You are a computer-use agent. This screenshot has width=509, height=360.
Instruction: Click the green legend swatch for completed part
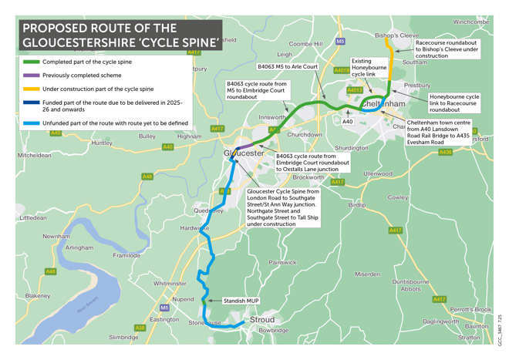[x=31, y=62]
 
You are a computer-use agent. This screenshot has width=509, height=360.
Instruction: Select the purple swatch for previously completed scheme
[x=31, y=76]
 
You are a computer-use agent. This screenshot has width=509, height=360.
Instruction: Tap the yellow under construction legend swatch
[x=31, y=89]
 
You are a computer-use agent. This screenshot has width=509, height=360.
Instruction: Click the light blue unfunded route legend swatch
[x=31, y=123]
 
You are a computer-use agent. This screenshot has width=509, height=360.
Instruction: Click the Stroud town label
[x=261, y=319]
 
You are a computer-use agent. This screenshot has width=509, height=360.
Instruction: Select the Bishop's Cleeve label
[x=396, y=35]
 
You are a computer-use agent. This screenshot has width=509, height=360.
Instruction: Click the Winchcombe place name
[x=471, y=22]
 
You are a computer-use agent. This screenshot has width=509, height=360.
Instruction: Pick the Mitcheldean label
[x=34, y=155]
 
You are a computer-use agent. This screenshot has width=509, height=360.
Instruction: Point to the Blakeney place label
[x=37, y=295]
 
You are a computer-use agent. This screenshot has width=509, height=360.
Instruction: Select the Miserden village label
[x=367, y=274]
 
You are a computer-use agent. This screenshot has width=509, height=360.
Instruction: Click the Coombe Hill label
[x=306, y=44]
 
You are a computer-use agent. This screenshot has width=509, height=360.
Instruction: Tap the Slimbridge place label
[x=124, y=337]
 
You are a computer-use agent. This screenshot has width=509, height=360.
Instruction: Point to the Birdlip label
[x=357, y=205]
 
